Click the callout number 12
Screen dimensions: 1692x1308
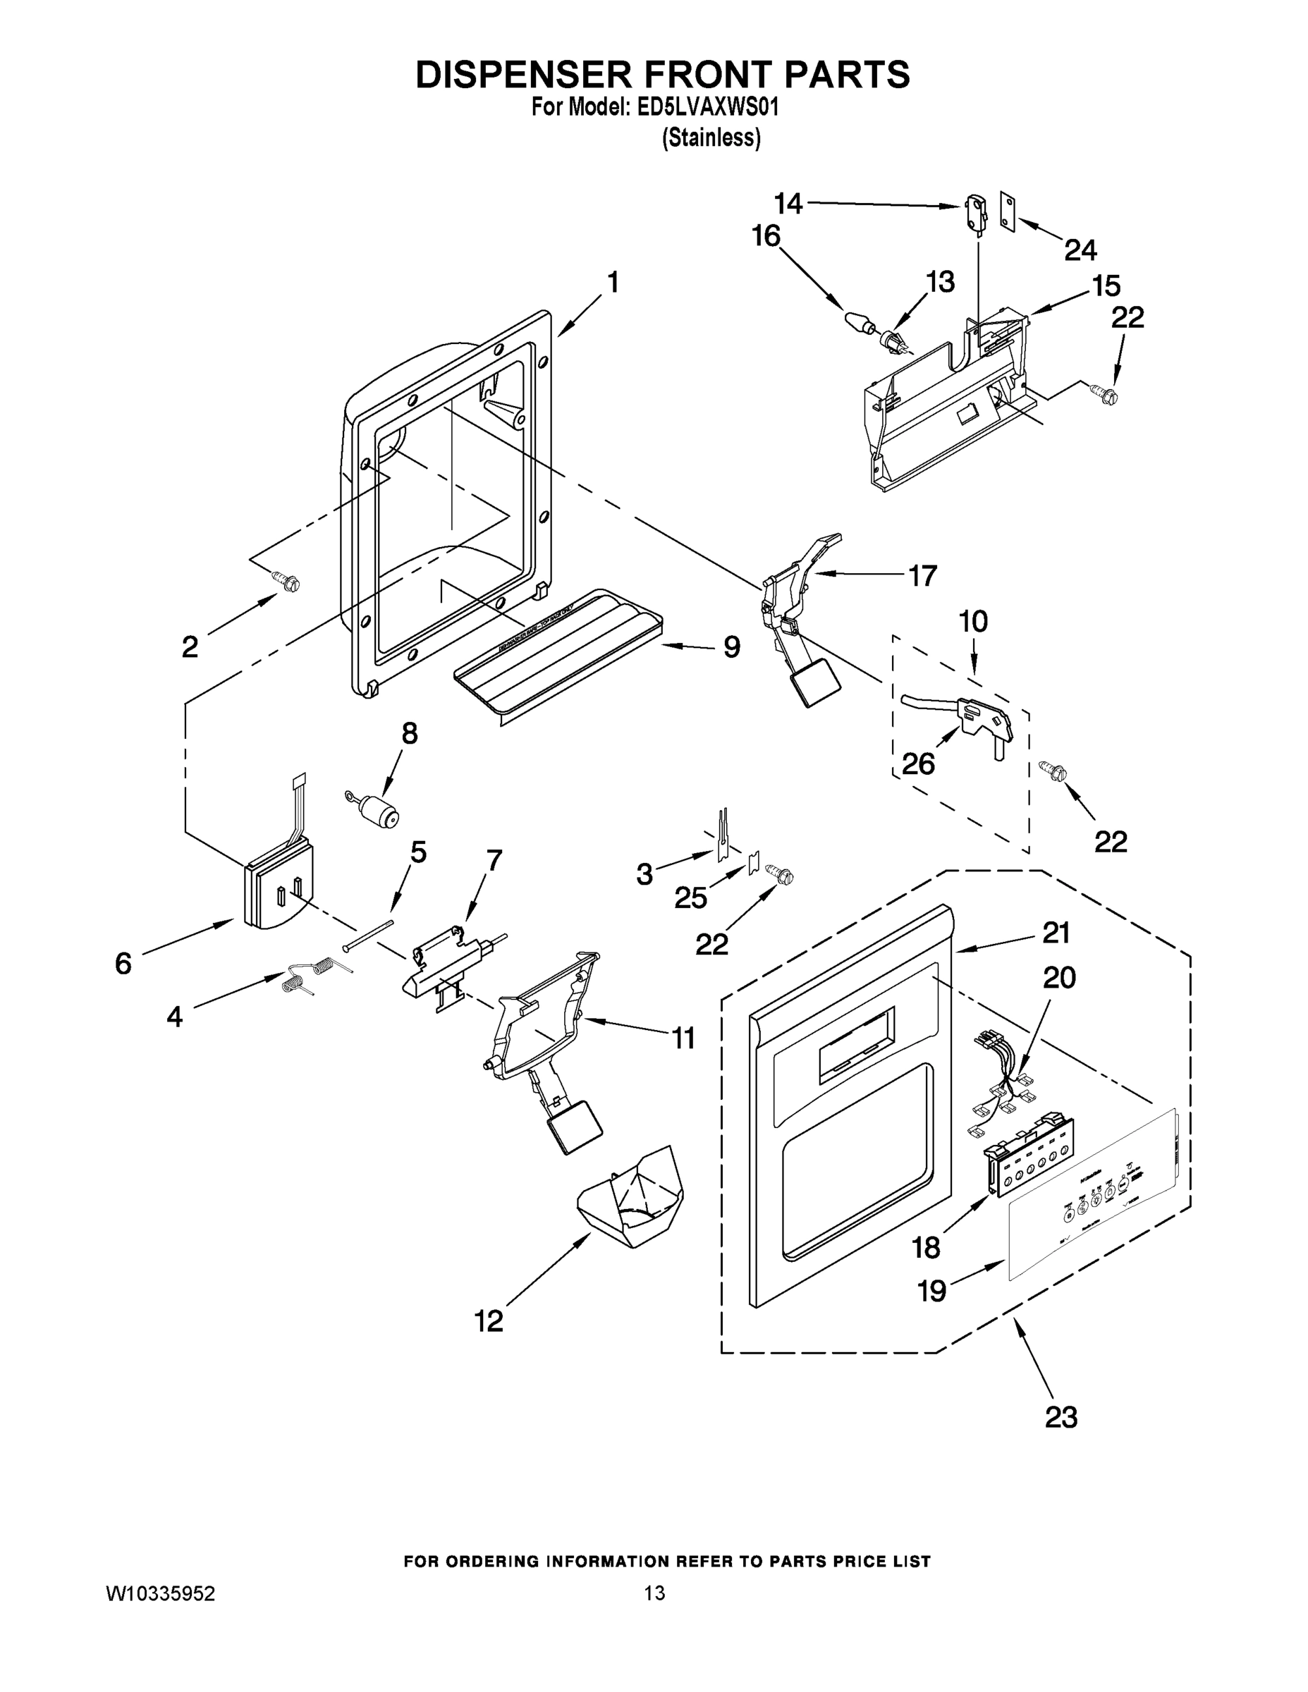pos(489,1320)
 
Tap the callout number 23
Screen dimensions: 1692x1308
pos(1061,1417)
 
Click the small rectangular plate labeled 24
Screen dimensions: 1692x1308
pos(1008,211)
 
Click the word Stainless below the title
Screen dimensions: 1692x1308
pos(711,138)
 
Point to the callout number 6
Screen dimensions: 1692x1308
pos(123,963)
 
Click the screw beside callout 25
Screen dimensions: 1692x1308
pos(781,874)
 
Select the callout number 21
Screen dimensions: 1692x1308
pos(1056,933)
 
